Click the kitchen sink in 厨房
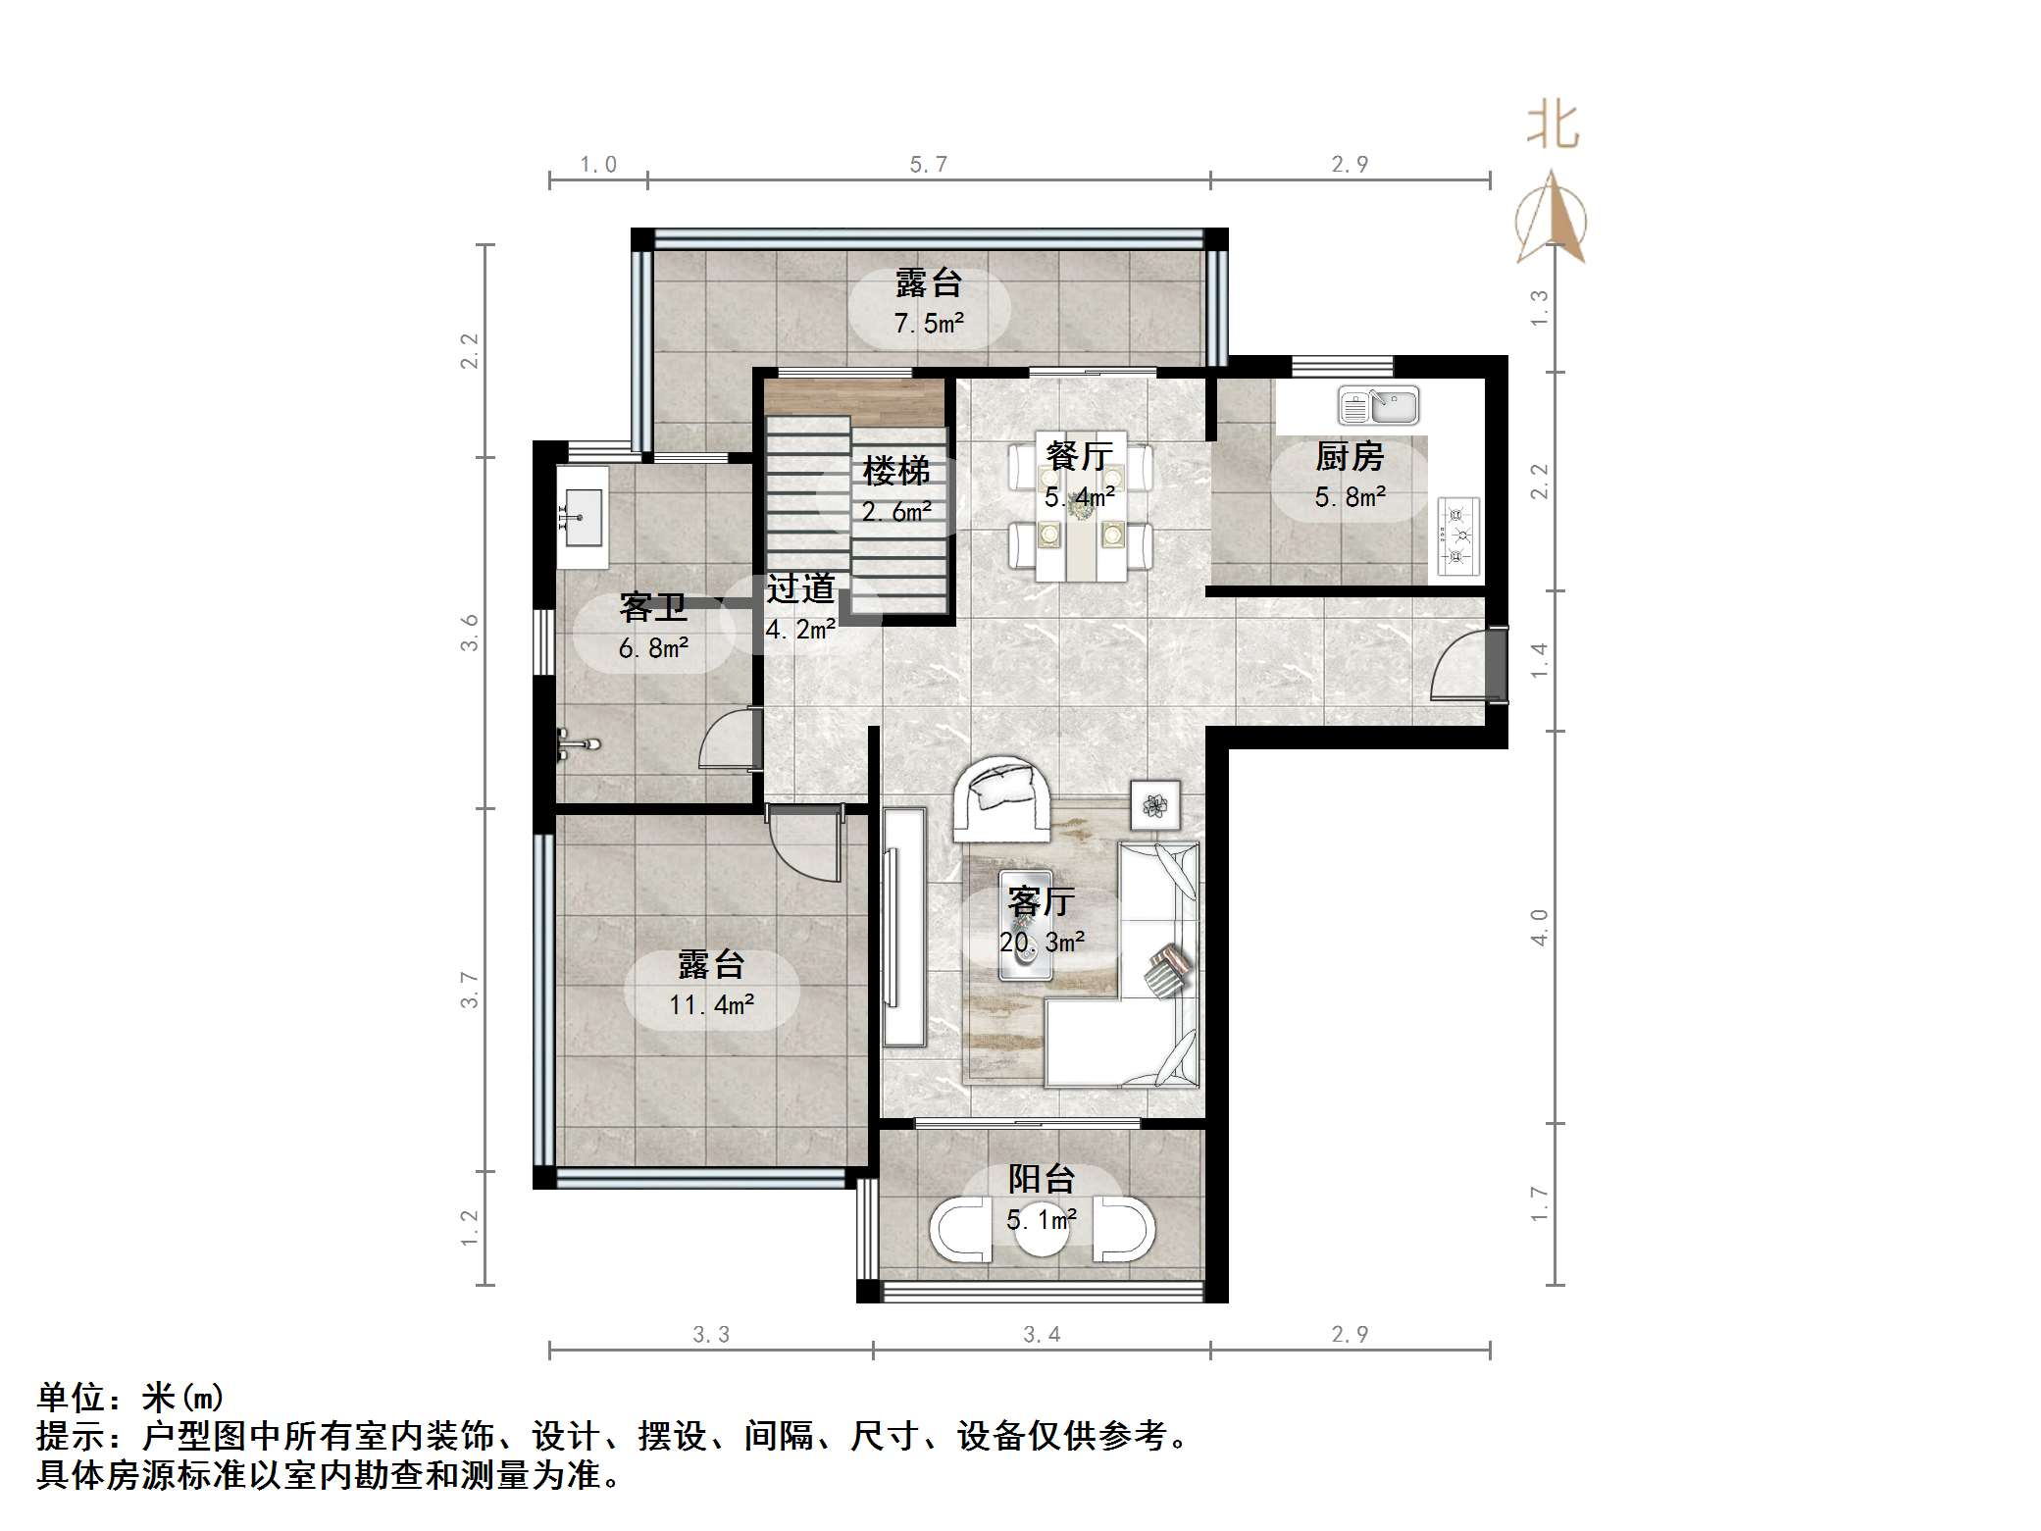[1378, 406]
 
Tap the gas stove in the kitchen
[1456, 536]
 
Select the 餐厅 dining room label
[1079, 456]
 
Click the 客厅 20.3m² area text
[1042, 943]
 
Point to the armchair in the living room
[1002, 798]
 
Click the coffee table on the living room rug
[1025, 925]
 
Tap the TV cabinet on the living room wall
[903, 926]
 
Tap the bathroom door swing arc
[728, 740]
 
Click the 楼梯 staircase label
[895, 472]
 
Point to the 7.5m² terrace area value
[929, 323]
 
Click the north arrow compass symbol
[1550, 220]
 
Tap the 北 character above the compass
[1552, 127]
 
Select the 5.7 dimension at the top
[928, 165]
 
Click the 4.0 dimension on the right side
[1540, 927]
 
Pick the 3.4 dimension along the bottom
[1041, 1334]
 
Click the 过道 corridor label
[800, 588]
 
